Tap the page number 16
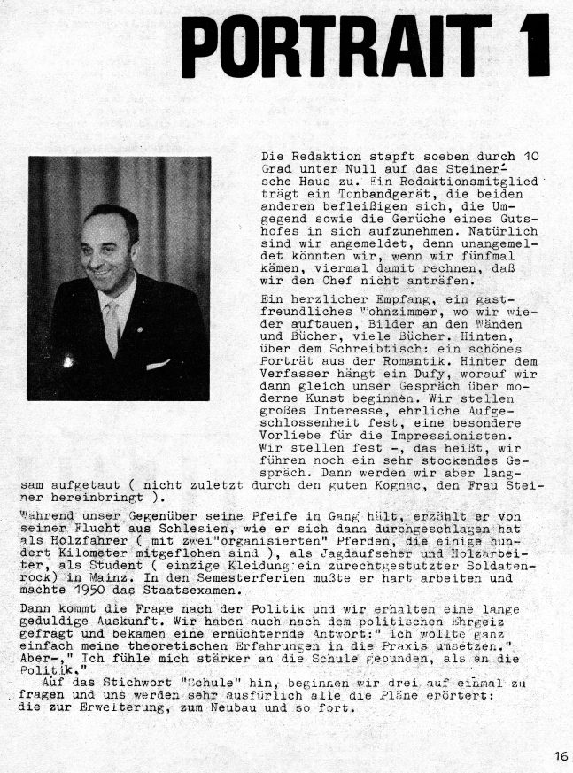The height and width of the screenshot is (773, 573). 561,756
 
